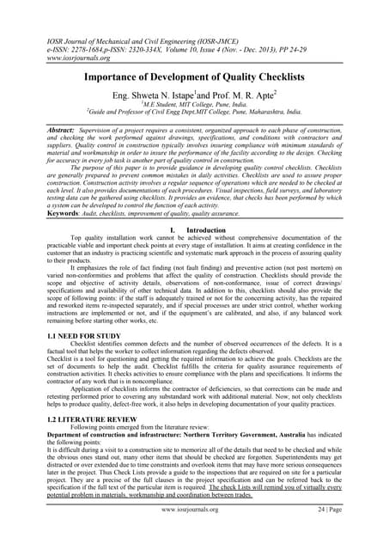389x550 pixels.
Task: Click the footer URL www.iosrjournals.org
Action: point(194,533)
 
